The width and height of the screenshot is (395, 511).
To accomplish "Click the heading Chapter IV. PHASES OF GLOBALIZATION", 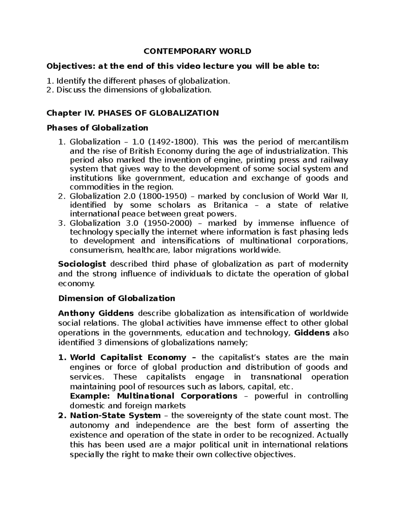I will (133, 113).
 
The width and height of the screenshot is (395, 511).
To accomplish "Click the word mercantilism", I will (323, 142).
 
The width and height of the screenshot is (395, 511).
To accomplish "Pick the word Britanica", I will (230, 205).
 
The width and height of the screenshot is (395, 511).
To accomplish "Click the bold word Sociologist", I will (82, 264).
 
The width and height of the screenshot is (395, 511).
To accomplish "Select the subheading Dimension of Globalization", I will (117, 298).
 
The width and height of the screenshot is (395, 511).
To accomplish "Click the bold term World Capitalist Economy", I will (128, 357).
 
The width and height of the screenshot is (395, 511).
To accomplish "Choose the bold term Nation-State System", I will (115, 416).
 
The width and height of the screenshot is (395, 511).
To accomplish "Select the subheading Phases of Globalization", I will (97, 128).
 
